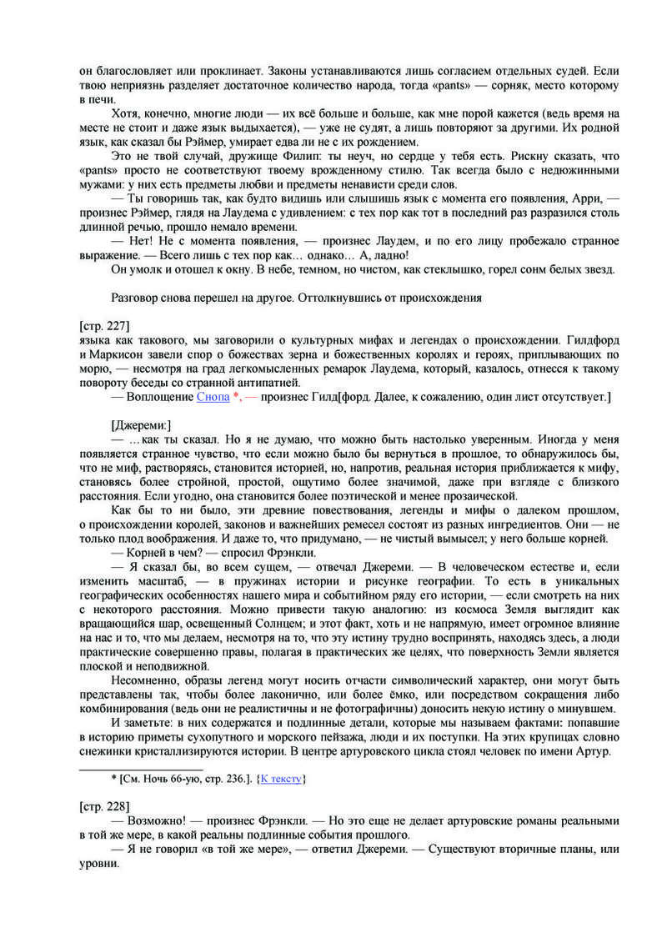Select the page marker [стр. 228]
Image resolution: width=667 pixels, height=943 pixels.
[x=103, y=806]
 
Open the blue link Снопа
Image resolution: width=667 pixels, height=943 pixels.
[x=213, y=397]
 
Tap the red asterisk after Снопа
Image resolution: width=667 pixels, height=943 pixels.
[x=236, y=397]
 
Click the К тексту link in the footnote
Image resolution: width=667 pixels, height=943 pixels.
[x=281, y=779]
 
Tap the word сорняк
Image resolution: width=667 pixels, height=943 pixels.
[x=494, y=86]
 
